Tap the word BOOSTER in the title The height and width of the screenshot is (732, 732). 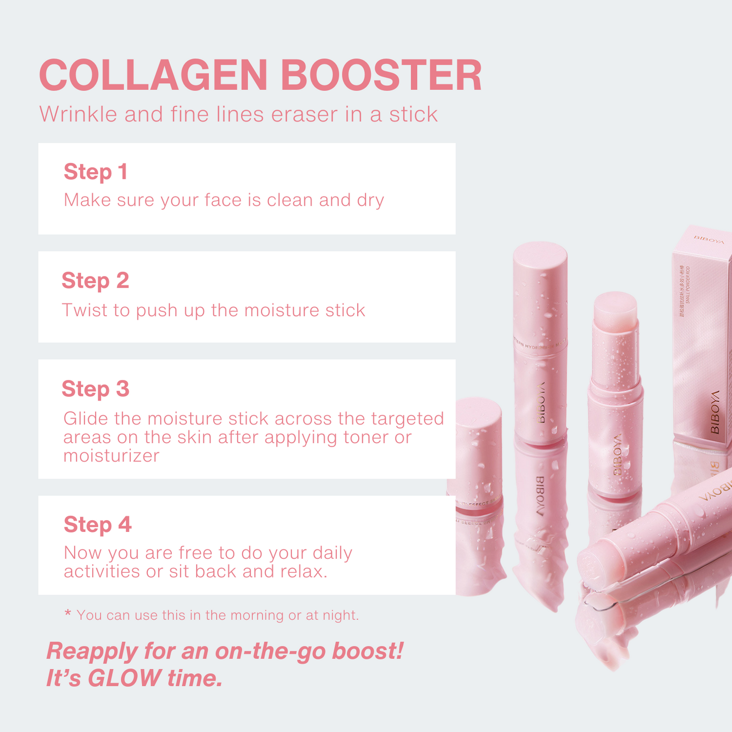381,76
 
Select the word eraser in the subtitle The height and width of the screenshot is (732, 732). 304,114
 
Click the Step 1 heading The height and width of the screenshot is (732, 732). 95,172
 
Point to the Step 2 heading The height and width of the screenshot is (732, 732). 95,281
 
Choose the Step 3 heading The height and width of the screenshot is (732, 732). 95,389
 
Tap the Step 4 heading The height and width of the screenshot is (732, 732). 97,525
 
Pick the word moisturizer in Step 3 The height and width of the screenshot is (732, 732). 111,456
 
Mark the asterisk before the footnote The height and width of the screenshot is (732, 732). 68,614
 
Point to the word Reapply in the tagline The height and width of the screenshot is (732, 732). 91,651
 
